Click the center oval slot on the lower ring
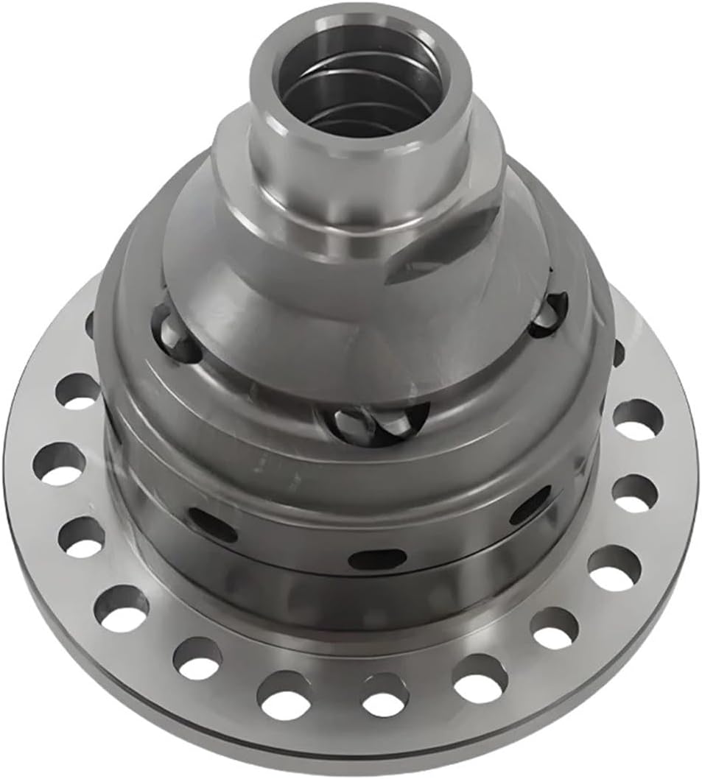pyautogui.click(x=376, y=560)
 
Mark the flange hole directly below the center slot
pyautogui.click(x=385, y=694)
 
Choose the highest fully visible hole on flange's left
pyautogui.click(x=77, y=391)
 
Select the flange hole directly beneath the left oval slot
pyautogui.click(x=197, y=658)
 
